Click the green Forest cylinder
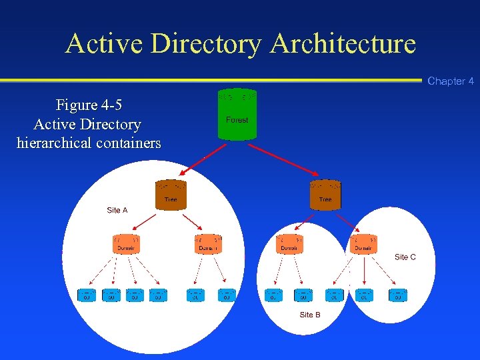tap(237, 115)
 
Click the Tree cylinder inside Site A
tap(171, 194)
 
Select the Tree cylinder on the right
tap(325, 194)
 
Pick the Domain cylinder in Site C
tap(363, 244)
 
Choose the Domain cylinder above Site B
tap(289, 244)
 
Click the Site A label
tap(117, 210)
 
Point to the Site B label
tap(310, 315)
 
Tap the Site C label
tap(405, 257)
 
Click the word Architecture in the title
tap(343, 44)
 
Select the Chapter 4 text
tap(451, 81)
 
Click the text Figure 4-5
tap(89, 105)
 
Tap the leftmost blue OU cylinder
tap(87, 295)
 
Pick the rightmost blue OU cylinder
tap(397, 295)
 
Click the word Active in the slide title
tap(105, 44)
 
